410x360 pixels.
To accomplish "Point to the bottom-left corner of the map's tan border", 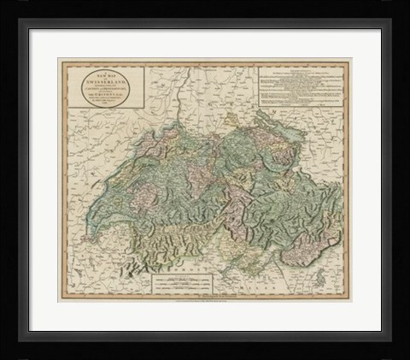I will tap(58, 301).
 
